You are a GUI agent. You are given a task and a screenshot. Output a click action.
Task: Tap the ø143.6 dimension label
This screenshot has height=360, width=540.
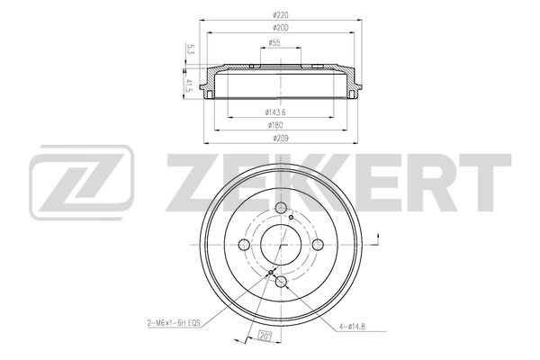274,112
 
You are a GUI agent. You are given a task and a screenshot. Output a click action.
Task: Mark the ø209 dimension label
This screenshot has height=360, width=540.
283,139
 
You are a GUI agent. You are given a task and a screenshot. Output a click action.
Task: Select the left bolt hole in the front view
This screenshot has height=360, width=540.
244,246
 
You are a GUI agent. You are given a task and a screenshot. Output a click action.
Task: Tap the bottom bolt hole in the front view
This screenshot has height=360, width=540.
282,283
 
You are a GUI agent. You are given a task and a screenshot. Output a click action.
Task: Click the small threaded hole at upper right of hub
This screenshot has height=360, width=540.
292,216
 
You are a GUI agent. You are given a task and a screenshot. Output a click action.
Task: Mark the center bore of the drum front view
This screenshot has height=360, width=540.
282,245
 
